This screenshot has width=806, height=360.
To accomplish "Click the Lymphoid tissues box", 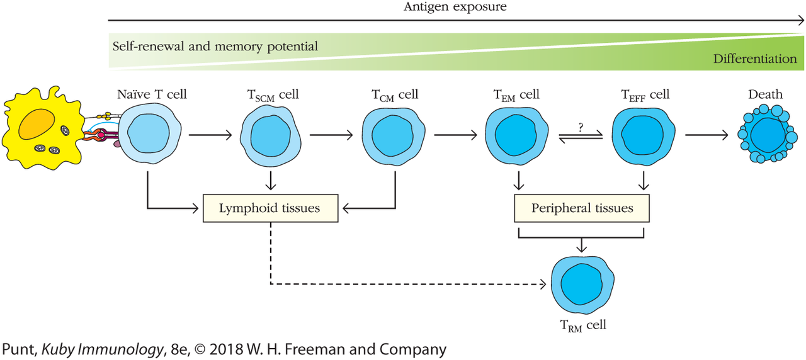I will [x=270, y=208].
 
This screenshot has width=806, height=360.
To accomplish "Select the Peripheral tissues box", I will [x=582, y=208].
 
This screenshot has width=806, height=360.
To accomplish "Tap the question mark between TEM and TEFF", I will [x=581, y=127].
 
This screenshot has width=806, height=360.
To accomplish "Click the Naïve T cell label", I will [x=152, y=95].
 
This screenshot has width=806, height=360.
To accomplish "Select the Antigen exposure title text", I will [x=455, y=8].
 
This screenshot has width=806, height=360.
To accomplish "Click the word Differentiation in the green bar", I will [x=755, y=59].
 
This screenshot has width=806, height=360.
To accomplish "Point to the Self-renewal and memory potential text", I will [x=215, y=47].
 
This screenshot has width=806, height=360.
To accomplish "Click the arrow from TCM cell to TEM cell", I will [x=455, y=135].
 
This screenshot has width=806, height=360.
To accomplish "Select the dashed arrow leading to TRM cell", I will [x=403, y=284].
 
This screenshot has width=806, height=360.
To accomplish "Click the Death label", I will [x=765, y=95].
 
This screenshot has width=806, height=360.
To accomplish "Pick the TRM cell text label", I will [x=583, y=325].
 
